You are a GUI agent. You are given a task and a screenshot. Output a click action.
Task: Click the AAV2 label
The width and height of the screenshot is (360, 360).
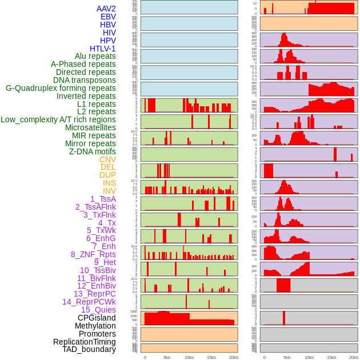106,9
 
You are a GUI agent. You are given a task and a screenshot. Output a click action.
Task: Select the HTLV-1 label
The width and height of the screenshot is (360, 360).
103,49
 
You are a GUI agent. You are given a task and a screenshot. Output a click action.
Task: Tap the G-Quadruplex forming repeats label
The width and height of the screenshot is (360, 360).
61,88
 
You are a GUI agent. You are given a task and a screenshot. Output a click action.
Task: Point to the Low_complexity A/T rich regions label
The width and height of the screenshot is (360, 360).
58,119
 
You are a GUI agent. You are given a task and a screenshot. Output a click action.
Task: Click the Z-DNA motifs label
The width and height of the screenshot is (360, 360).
93,151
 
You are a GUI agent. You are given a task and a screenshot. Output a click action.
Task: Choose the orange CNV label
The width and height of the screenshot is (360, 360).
107,159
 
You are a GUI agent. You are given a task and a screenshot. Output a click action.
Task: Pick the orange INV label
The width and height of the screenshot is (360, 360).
109,191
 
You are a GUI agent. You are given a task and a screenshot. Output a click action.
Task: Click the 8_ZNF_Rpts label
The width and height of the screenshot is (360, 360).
93,254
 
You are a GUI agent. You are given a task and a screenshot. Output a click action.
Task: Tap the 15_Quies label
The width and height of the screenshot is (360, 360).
98,310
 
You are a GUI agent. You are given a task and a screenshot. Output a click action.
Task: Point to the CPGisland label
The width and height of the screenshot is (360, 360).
97,318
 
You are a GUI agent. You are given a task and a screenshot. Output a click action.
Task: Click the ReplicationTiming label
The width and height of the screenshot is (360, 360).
84,342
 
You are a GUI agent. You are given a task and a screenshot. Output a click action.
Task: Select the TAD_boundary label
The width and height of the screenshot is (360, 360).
89,349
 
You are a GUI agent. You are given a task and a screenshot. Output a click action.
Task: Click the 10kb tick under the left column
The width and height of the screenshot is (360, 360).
189,357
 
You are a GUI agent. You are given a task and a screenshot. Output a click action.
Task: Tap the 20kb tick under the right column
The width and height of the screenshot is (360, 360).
354,357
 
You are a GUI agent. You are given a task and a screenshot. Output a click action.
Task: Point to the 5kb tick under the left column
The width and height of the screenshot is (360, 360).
167,357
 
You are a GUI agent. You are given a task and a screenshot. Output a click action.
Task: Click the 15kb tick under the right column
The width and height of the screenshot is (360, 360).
331,357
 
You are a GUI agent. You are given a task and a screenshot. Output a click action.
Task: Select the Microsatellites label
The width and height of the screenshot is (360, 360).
90,127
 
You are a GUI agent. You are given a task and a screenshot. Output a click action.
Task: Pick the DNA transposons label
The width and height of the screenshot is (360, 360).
85,80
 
